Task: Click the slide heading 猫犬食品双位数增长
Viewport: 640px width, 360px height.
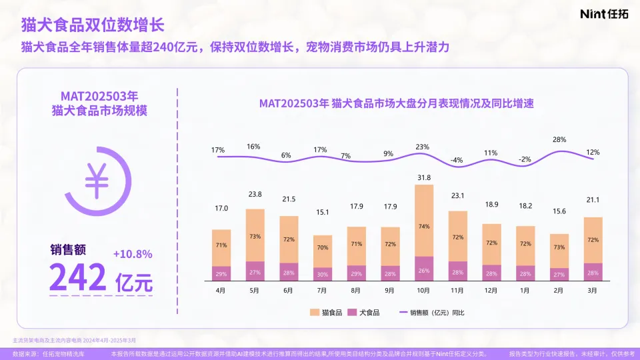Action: pyautogui.click(x=93, y=25)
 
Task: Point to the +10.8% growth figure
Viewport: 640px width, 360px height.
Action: pyautogui.click(x=133, y=254)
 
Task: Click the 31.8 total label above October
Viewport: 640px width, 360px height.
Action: pyautogui.click(x=423, y=177)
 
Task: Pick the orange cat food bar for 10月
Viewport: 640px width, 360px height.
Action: pyautogui.click(x=423, y=221)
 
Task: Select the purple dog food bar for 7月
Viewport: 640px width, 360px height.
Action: pyautogui.click(x=322, y=273)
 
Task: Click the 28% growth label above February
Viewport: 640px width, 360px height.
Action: pyautogui.click(x=559, y=140)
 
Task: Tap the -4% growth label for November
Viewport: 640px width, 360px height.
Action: pyautogui.click(x=457, y=160)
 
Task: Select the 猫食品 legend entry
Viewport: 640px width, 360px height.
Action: pyautogui.click(x=327, y=311)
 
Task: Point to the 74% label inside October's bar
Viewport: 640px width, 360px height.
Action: pyautogui.click(x=423, y=226)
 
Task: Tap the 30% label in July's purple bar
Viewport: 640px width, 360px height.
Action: pyautogui.click(x=322, y=273)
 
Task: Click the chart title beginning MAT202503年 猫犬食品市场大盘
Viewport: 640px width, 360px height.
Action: pyautogui.click(x=397, y=104)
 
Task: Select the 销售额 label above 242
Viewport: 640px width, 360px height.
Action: pyautogui.click(x=68, y=250)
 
